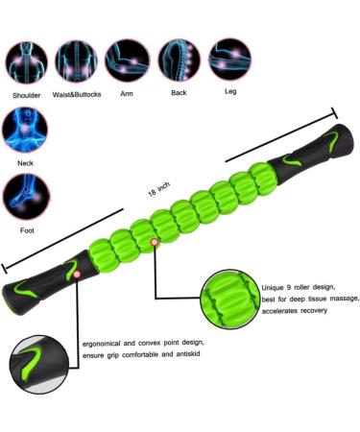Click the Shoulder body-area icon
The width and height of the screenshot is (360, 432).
click(x=26, y=60)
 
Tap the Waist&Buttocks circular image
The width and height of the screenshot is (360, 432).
click(x=77, y=60)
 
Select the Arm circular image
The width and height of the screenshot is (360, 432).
click(x=127, y=59)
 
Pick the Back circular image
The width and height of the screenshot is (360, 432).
click(x=179, y=59)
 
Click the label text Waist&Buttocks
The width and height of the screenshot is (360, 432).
click(x=77, y=96)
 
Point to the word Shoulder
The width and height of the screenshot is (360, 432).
click(x=26, y=96)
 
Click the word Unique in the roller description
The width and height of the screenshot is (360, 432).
click(x=276, y=286)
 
